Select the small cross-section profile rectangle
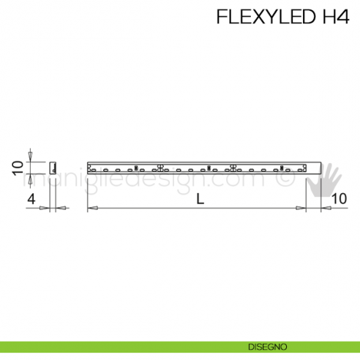point(53,167)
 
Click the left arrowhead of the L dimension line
point(92,209)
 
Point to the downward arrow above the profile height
point(30,156)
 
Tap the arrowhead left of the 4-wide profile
point(45,209)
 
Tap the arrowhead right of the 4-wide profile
point(62,209)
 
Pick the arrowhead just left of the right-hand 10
point(312,209)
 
